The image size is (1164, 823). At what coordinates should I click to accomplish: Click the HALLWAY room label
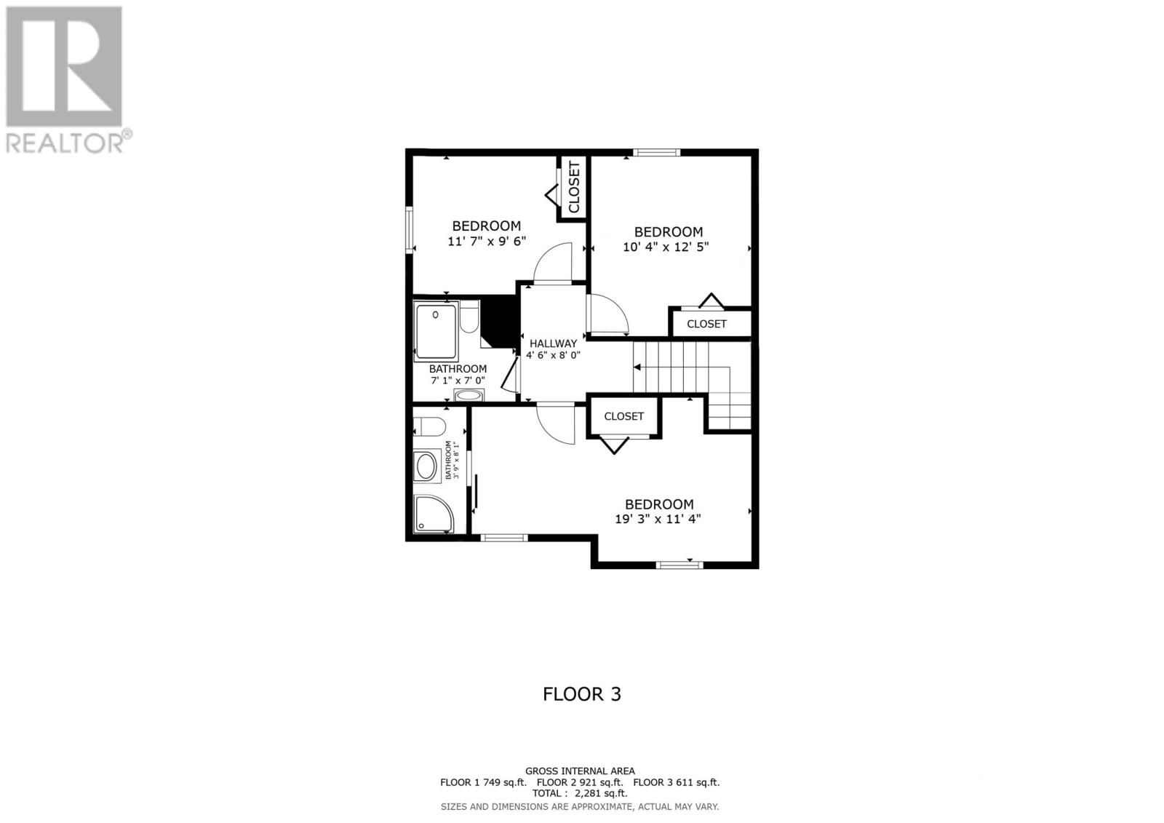tap(553, 343)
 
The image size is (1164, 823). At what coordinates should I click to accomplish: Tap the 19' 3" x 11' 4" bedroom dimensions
tap(658, 519)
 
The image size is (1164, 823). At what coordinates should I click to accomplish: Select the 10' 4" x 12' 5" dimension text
tap(666, 247)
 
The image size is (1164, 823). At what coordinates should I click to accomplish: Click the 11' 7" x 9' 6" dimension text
tap(486, 241)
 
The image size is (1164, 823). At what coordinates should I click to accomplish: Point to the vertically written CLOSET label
tap(574, 188)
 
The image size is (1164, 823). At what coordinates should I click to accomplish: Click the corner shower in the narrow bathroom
tap(434, 514)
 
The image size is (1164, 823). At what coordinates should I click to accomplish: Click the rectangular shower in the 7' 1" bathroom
tap(435, 332)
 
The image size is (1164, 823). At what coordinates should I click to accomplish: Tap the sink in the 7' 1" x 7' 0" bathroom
tap(468, 397)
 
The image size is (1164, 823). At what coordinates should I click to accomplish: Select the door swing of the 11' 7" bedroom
tap(553, 263)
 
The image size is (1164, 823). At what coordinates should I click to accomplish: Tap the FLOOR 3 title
tap(582, 694)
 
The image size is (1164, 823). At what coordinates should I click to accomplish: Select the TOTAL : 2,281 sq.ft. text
tap(580, 794)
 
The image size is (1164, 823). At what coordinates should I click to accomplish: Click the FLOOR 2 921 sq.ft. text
tap(580, 782)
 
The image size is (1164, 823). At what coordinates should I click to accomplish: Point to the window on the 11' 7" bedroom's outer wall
tap(410, 230)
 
